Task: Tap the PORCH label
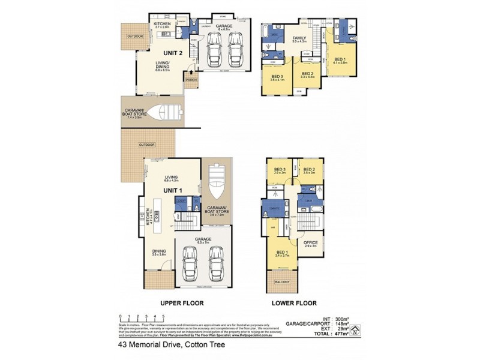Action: pos(191,80)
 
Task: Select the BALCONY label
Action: pos(282,282)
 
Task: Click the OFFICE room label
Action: pos(311,243)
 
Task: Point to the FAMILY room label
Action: pos(299,37)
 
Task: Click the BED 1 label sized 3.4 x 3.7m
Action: pos(282,253)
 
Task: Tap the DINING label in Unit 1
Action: pos(159,252)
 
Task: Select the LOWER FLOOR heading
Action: pos(294,304)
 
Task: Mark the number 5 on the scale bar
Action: pos(164,316)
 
